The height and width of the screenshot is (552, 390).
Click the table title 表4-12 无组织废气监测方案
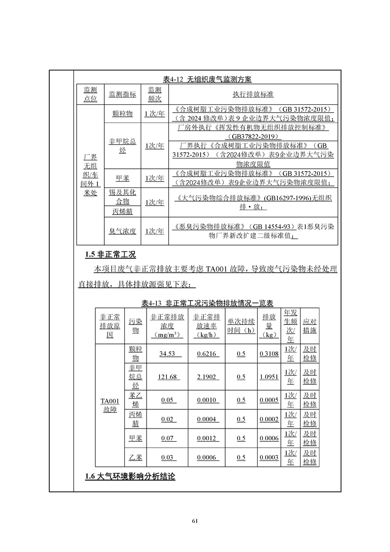pyautogui.click(x=207, y=79)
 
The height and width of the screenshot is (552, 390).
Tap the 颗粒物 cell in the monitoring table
pyautogui.click(x=122, y=114)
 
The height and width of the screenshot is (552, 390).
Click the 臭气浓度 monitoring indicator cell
pyautogui.click(x=122, y=231)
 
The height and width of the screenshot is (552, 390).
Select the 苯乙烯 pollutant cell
pyautogui.click(x=135, y=400)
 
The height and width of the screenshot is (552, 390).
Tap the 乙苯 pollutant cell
pyautogui.click(x=135, y=458)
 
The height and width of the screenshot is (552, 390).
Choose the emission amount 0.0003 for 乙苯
pyautogui.click(x=269, y=458)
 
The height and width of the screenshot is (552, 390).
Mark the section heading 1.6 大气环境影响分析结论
pyautogui.click(x=130, y=477)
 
